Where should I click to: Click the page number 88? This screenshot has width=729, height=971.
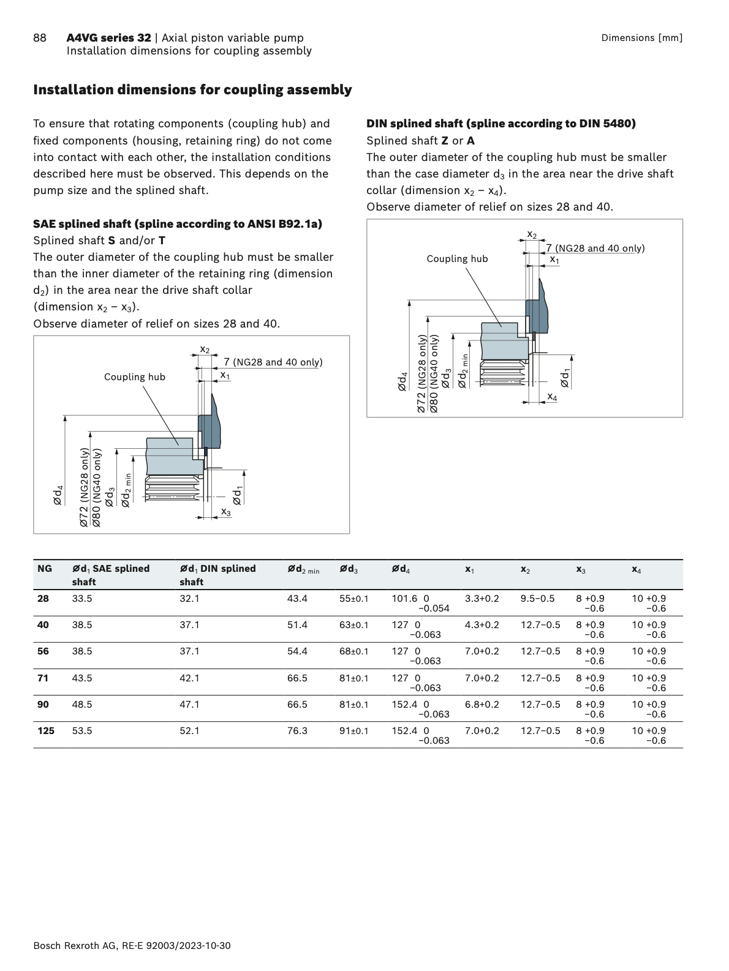39,38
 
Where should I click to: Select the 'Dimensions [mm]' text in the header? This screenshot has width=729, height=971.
641,38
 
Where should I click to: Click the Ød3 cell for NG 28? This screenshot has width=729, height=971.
354,599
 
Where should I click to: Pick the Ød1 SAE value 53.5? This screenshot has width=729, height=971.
82,731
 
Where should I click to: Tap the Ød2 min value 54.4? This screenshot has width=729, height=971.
297,651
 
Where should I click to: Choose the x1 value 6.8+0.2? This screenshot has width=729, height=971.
482,705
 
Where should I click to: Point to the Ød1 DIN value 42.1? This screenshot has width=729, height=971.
189,678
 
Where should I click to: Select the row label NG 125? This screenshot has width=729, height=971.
46,731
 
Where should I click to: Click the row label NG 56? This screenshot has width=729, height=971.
43,651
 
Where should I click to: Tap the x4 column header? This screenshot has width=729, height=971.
636,569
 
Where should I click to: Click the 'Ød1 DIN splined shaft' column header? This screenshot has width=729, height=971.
217,575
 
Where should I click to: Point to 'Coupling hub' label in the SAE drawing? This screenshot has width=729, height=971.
135,377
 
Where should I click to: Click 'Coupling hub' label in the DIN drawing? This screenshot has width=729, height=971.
457,259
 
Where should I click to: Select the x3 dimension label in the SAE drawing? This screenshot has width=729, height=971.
226,512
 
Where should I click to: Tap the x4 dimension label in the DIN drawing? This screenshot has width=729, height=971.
552,397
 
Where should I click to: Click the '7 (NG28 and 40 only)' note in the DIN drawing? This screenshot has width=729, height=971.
595,248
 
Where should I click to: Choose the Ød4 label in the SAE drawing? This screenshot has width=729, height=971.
58,495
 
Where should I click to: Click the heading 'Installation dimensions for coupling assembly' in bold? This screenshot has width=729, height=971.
192,90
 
